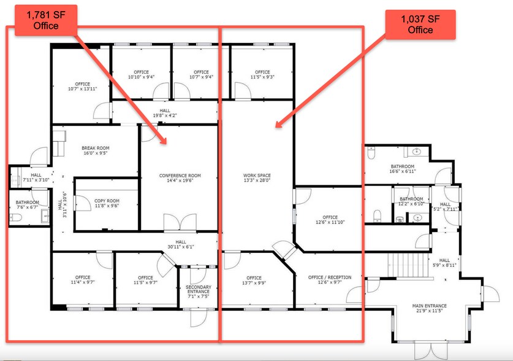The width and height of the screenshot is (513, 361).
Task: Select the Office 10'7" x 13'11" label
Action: (x=82, y=87)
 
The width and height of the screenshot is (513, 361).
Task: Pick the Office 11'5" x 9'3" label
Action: (x=262, y=75)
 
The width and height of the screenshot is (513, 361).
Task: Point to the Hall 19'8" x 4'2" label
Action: (x=164, y=113)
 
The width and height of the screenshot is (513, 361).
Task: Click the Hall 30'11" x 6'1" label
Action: (x=181, y=245)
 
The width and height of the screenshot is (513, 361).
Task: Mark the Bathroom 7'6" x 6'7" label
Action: (x=27, y=206)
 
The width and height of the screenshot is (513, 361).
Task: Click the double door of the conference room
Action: (x=180, y=222)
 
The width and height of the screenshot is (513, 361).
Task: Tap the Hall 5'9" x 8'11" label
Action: (x=444, y=263)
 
